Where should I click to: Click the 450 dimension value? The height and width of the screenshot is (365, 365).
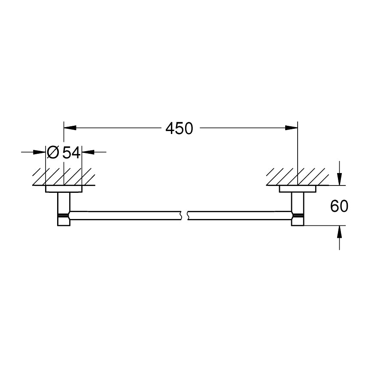(179, 128)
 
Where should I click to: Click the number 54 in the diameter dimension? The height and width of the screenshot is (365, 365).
(71, 152)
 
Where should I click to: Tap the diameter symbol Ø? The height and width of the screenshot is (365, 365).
(54, 152)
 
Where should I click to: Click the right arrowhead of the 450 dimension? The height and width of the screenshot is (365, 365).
(292, 128)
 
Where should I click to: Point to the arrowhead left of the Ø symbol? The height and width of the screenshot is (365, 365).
(40, 152)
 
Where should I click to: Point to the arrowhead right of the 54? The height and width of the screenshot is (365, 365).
(87, 152)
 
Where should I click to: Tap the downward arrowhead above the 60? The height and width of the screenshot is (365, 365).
(339, 179)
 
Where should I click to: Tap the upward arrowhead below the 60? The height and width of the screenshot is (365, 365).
(339, 231)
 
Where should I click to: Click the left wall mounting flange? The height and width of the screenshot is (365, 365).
(64, 189)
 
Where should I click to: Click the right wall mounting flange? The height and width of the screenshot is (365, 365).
(298, 189)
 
